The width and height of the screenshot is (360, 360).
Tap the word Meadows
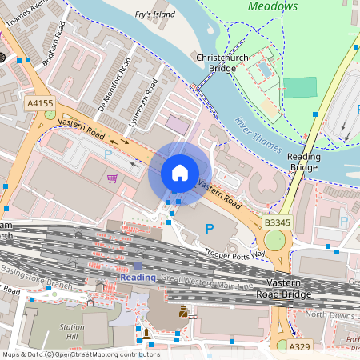pyautogui.click(x=272, y=6)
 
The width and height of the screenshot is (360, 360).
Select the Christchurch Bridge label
pyautogui.click(x=222, y=63)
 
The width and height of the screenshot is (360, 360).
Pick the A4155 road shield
pyautogui.click(x=39, y=103)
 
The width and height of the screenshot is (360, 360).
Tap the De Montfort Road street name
pyautogui.click(x=114, y=84)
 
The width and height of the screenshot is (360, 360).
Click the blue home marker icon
pyautogui.click(x=180, y=173)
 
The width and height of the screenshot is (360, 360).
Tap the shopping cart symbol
pyautogui.click(x=113, y=178)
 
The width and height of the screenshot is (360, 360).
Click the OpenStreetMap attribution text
pyautogui.click(x=80, y=354)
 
